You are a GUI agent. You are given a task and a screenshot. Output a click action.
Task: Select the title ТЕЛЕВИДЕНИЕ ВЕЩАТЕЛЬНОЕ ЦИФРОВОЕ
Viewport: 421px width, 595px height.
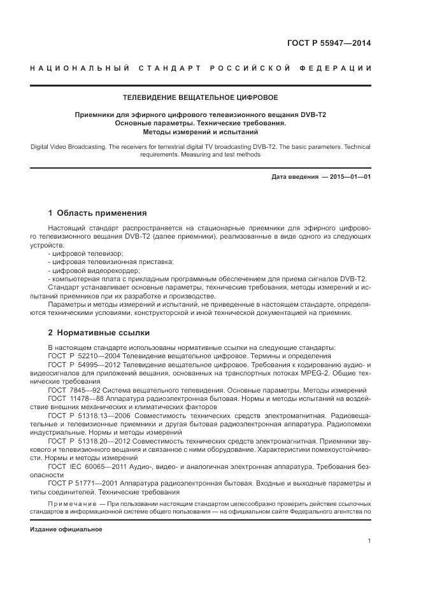(201, 97)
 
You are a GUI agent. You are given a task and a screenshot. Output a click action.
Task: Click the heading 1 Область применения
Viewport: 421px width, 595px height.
(98, 213)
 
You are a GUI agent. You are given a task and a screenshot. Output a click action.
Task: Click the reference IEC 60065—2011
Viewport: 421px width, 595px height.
(99, 466)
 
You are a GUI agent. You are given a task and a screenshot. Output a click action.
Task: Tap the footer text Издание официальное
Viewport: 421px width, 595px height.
(66, 529)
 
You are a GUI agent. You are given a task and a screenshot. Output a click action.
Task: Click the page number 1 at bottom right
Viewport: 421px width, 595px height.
(369, 541)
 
